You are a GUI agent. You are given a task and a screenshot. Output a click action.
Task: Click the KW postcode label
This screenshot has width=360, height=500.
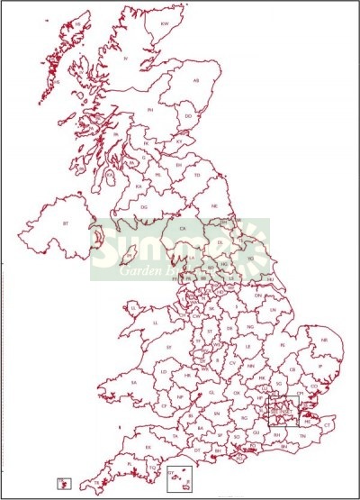[165, 23]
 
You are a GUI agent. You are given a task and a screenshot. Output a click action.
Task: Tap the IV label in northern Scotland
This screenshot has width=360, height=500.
[126, 59]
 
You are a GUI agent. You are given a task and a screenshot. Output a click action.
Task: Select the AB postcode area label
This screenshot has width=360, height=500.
[196, 80]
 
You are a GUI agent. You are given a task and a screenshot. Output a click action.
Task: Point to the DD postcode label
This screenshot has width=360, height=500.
[188, 115]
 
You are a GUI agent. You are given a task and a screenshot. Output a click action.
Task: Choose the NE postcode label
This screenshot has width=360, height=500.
[215, 206]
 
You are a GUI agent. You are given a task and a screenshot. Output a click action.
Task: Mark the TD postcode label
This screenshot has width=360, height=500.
[197, 175]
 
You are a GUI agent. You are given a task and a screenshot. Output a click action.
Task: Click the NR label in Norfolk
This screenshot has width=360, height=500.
[323, 340]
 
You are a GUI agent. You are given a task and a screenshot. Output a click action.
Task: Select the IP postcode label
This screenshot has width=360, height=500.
[317, 367]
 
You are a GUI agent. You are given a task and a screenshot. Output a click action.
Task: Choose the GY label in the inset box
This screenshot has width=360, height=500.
[170, 471]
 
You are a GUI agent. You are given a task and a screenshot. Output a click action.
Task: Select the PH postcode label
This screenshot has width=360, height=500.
[151, 109]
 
